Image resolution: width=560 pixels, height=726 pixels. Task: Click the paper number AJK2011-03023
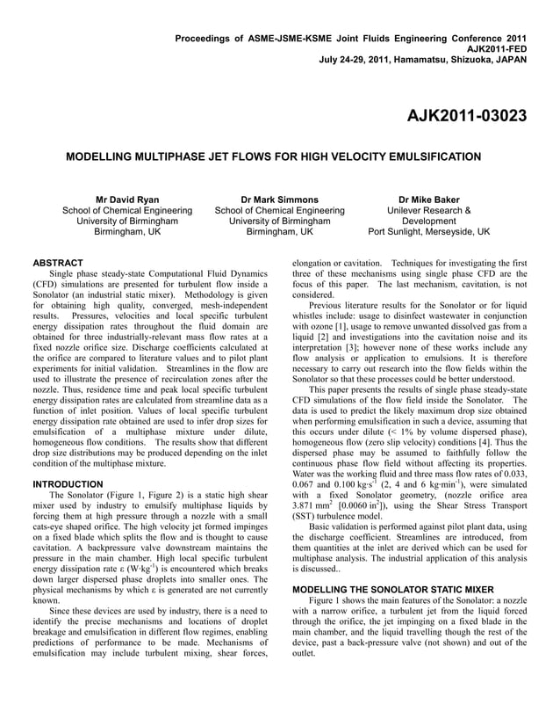466,115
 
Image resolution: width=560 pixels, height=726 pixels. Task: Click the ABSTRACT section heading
58,263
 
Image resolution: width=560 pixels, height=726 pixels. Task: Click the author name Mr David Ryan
126,200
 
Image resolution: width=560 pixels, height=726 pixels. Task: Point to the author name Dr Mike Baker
428,200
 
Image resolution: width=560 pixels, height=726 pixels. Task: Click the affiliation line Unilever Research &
428,211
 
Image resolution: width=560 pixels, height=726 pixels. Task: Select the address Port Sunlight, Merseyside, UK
428,233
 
